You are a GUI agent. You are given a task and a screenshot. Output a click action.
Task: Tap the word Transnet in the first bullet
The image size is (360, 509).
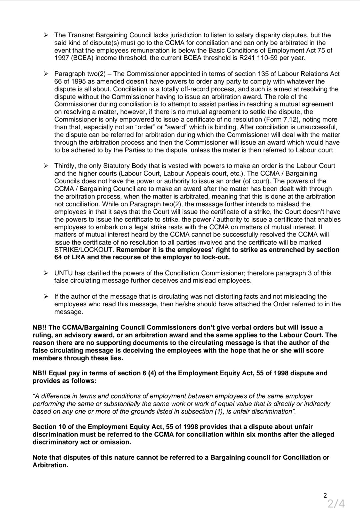(79, 35)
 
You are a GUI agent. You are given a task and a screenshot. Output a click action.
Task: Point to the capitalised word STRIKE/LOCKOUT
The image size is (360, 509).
(84, 250)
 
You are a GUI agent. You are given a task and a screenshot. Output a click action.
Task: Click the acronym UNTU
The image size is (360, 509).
(63, 273)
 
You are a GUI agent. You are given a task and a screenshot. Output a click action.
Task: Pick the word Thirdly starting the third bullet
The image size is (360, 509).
(65, 166)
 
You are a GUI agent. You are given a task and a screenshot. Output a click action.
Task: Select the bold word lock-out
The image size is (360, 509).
(216, 257)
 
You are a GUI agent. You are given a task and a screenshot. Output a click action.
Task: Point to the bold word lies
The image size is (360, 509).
(116, 358)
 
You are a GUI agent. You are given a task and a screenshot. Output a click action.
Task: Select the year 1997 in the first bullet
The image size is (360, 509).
(62, 58)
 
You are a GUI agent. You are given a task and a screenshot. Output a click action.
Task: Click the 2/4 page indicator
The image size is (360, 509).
(336, 503)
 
